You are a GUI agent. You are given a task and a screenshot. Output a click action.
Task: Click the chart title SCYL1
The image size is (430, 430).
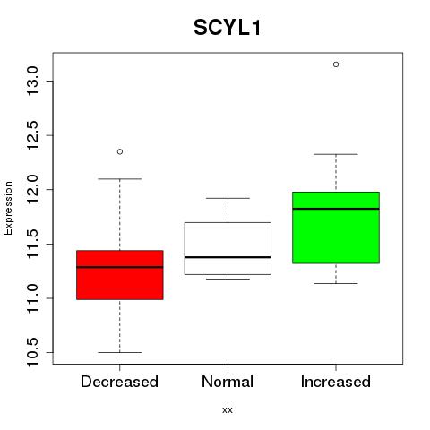[228, 28]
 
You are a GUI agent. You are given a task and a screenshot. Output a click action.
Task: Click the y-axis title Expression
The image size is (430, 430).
[8, 208]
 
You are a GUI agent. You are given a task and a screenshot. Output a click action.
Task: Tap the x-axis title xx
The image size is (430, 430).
[228, 410]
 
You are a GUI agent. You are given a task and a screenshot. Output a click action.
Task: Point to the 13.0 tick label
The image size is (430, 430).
[32, 81]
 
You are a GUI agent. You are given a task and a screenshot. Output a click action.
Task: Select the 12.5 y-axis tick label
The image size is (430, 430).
[32, 135]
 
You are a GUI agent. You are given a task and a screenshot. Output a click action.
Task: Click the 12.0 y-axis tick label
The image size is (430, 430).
[32, 189]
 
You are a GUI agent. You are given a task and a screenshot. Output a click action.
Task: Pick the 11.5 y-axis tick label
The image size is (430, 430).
[32, 244]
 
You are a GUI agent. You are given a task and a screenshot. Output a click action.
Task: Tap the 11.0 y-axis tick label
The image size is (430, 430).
[32, 298]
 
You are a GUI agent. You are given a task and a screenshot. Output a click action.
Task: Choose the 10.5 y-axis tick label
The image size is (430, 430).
[32, 352]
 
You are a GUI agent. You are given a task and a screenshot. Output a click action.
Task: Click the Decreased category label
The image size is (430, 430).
[119, 382]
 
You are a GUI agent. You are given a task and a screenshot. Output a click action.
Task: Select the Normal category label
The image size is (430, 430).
[228, 382]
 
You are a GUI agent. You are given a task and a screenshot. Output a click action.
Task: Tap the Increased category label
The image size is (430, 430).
[336, 382]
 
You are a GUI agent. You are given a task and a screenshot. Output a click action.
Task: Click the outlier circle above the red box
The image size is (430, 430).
[120, 151]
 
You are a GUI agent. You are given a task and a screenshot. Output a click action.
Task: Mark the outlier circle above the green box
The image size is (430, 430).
[336, 64]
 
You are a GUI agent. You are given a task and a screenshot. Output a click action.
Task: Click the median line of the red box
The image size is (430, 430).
[120, 267]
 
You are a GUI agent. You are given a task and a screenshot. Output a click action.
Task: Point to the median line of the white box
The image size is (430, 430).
[228, 257]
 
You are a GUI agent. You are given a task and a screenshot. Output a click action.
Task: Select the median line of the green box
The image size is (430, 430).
[336, 209]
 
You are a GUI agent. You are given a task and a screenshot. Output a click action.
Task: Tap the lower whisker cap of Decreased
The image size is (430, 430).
[120, 352]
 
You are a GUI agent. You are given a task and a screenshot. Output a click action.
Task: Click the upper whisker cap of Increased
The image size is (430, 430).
[336, 154]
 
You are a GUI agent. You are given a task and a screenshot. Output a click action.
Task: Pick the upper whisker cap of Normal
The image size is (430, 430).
[228, 198]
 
